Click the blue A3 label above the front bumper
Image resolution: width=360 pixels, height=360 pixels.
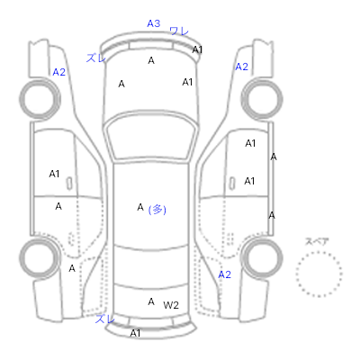pyautogui.click(x=154, y=23)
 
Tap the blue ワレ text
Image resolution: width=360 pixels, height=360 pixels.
pyautogui.click(x=179, y=31)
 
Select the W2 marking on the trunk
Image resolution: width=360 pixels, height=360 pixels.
pyautogui.click(x=171, y=305)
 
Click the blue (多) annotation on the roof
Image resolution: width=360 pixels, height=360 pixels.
pyautogui.click(x=157, y=210)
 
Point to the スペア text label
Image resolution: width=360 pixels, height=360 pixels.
pyautogui.click(x=317, y=241)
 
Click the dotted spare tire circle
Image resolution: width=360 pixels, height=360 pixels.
pyautogui.click(x=319, y=253)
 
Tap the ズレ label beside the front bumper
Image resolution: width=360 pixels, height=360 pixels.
pyautogui.click(x=96, y=58)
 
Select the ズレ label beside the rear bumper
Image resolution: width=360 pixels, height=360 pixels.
pyautogui.click(x=104, y=319)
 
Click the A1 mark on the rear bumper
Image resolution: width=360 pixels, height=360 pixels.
pyautogui.click(x=135, y=333)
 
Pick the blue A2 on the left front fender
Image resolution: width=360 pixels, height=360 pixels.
pyautogui.click(x=58, y=72)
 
